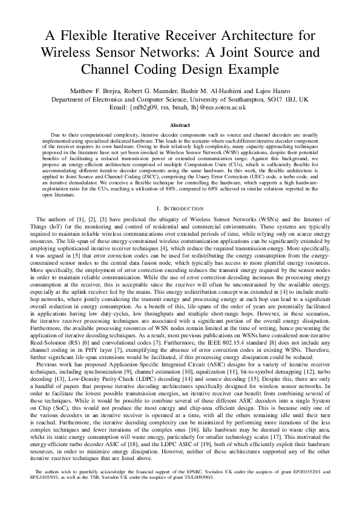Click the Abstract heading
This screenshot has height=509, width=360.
pyautogui.click(x=180, y=125)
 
